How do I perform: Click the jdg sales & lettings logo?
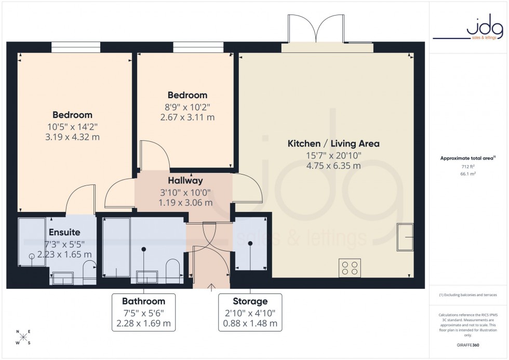[468, 29]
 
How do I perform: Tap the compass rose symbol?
[23, 338]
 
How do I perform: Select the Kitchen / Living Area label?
[333, 144]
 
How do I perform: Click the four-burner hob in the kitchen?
[350, 268]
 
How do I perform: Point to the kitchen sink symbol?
[405, 238]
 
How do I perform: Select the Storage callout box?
[250, 312]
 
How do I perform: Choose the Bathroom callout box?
[144, 312]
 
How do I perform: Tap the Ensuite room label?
[64, 233]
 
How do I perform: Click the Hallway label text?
[185, 181]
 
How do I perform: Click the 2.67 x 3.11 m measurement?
[187, 117]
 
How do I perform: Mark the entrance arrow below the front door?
[211, 286]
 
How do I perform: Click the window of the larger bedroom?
[76, 47]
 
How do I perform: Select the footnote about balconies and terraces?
[468, 295]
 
